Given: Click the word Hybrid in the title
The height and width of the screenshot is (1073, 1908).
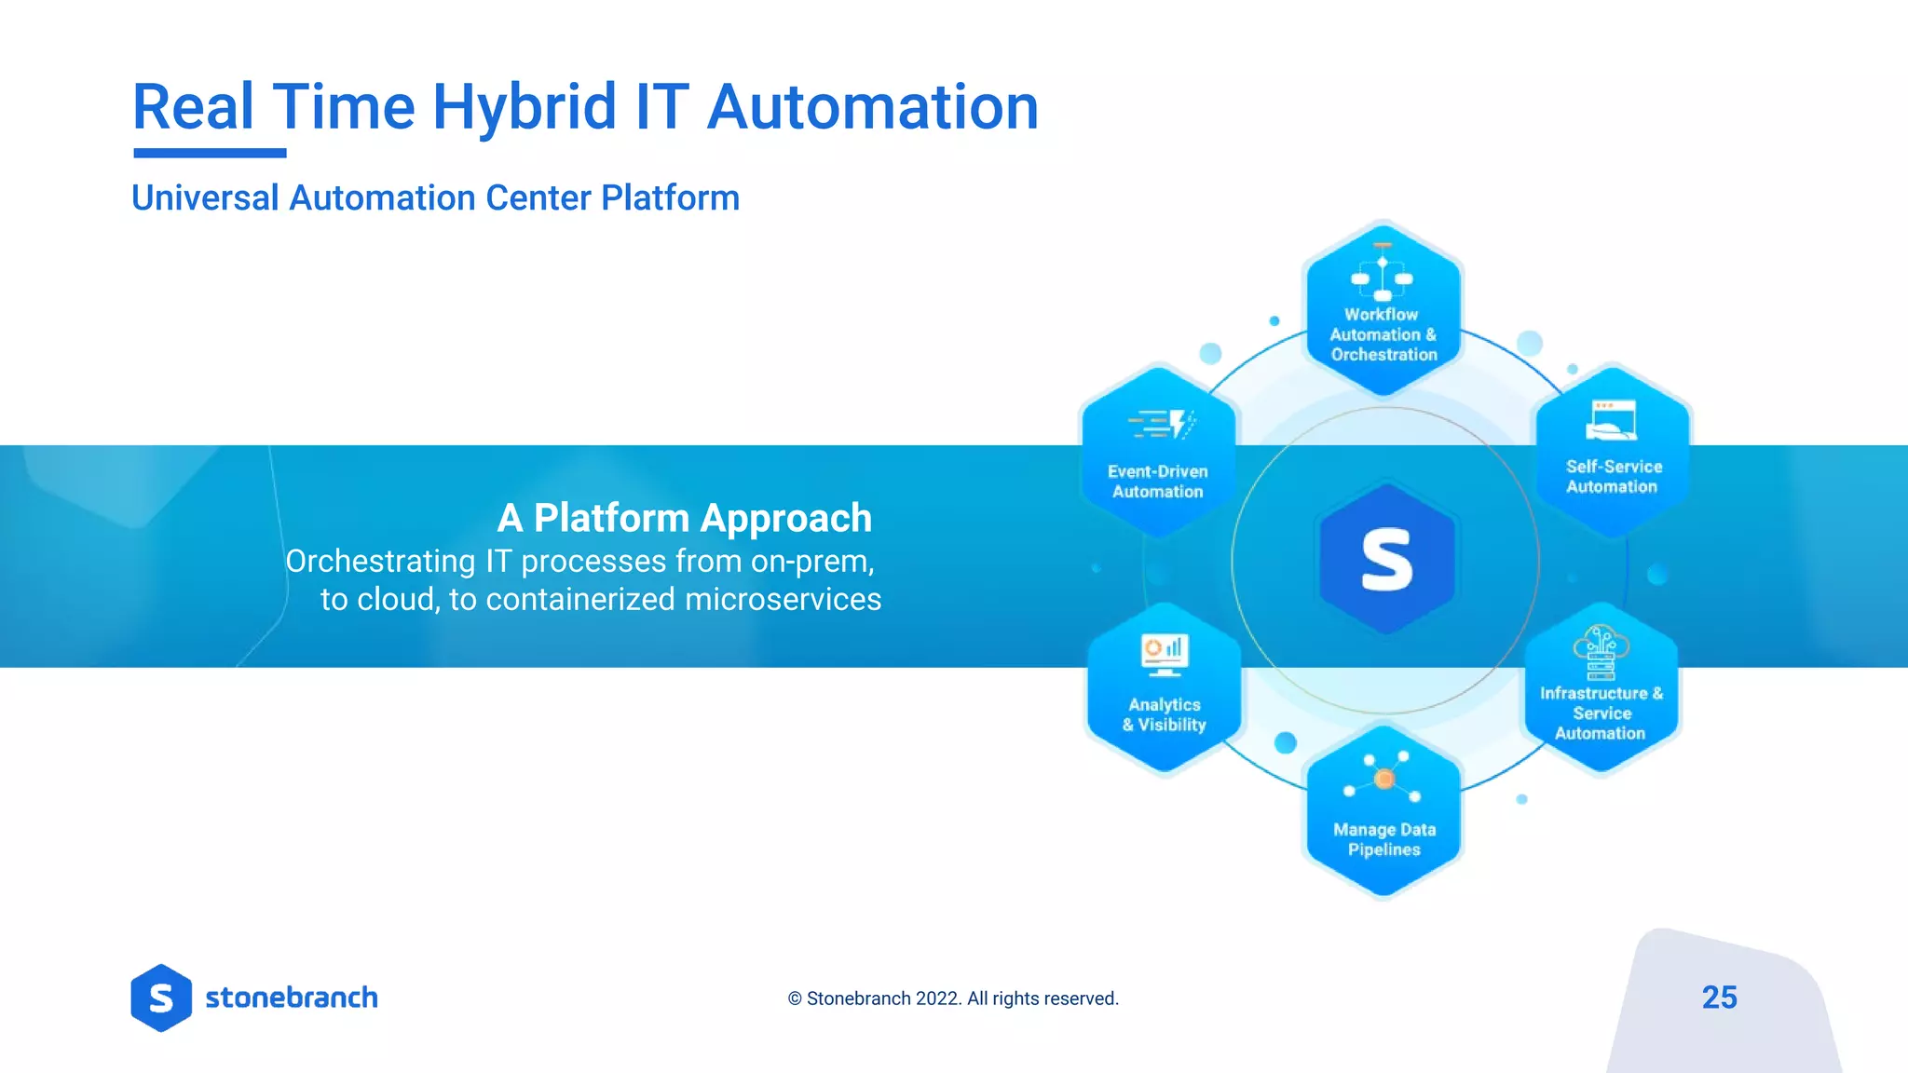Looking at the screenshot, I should pos(524,107).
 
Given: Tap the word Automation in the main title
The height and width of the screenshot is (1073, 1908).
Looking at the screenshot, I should pos(872,107).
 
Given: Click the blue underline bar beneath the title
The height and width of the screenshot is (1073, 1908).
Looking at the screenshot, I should pos(210,153).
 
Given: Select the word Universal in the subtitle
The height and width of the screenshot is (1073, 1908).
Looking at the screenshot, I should pos(205,198).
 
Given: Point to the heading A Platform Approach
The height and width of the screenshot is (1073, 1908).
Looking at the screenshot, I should pos(684,518).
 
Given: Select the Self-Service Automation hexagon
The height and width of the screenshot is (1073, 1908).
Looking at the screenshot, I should pos(1613,452).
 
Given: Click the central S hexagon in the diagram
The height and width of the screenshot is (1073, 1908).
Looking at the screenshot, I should pos(1387,560).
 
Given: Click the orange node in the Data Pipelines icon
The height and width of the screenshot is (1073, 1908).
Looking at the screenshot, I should pos(1384,779).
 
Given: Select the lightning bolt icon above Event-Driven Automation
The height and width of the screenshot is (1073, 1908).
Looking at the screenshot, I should pos(1179,424).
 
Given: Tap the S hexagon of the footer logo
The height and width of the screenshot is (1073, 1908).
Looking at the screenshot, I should pos(161,998).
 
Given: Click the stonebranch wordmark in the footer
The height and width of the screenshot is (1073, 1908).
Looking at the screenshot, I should pos(292,998).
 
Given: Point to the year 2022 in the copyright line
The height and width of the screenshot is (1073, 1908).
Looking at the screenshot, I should pos(937,998).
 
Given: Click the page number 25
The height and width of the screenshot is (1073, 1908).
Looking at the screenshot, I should pos(1719,998).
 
